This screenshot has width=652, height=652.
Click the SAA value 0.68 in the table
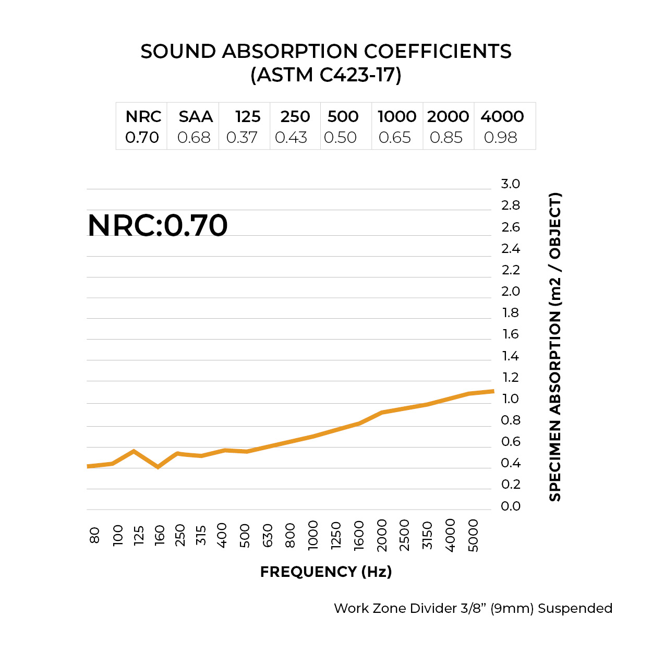coord(194,137)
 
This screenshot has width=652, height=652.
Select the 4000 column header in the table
coord(502,116)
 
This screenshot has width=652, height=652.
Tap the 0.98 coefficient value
coord(500,137)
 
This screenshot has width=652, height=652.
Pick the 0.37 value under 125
coord(242,137)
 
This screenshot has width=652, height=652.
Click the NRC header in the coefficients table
coord(143,116)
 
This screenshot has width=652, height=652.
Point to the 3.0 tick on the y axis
coord(510,184)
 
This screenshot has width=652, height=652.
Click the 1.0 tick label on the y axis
coord(510,399)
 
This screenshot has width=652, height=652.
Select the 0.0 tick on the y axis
coord(510,506)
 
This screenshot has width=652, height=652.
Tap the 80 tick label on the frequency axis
coord(94,535)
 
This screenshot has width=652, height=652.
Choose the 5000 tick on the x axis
coord(473,535)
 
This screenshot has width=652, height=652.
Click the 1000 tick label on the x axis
coord(313,535)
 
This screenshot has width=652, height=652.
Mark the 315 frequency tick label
coord(201,535)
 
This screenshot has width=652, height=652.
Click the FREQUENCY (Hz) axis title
coord(326,572)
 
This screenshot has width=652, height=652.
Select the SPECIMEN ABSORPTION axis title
coord(555,347)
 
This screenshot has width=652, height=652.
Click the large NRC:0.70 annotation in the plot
coord(158,225)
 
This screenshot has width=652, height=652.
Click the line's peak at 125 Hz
coord(134,451)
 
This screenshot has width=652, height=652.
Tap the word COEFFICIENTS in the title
coord(437,51)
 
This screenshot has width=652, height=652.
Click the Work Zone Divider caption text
coord(473,608)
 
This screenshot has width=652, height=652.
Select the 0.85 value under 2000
coord(446,137)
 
